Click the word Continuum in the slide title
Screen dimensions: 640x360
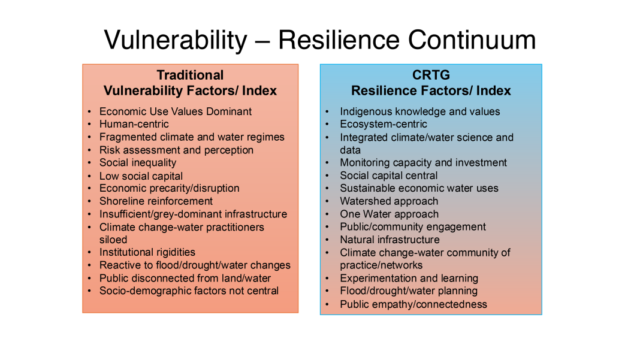tap(472, 40)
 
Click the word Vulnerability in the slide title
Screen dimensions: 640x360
tap(176, 40)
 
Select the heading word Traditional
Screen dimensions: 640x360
tap(190, 75)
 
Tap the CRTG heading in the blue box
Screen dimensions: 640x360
tap(431, 75)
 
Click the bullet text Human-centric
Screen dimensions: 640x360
tap(134, 124)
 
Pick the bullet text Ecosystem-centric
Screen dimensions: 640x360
tap(384, 124)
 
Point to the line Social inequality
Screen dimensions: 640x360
tap(138, 163)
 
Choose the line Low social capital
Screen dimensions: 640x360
tap(141, 176)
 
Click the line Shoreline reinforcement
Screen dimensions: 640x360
tap(156, 201)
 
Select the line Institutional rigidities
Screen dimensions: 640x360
tap(147, 252)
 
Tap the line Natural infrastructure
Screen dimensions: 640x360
tap(390, 240)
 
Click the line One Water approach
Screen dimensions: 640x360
tap(390, 214)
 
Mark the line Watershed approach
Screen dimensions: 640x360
tap(389, 201)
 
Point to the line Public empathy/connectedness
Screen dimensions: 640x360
tap(413, 304)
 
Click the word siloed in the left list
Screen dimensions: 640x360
tap(113, 240)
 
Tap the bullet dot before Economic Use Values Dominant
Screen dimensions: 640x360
tap(89, 112)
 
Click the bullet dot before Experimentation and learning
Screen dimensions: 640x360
tap(327, 279)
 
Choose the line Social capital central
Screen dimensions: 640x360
tap(388, 176)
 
